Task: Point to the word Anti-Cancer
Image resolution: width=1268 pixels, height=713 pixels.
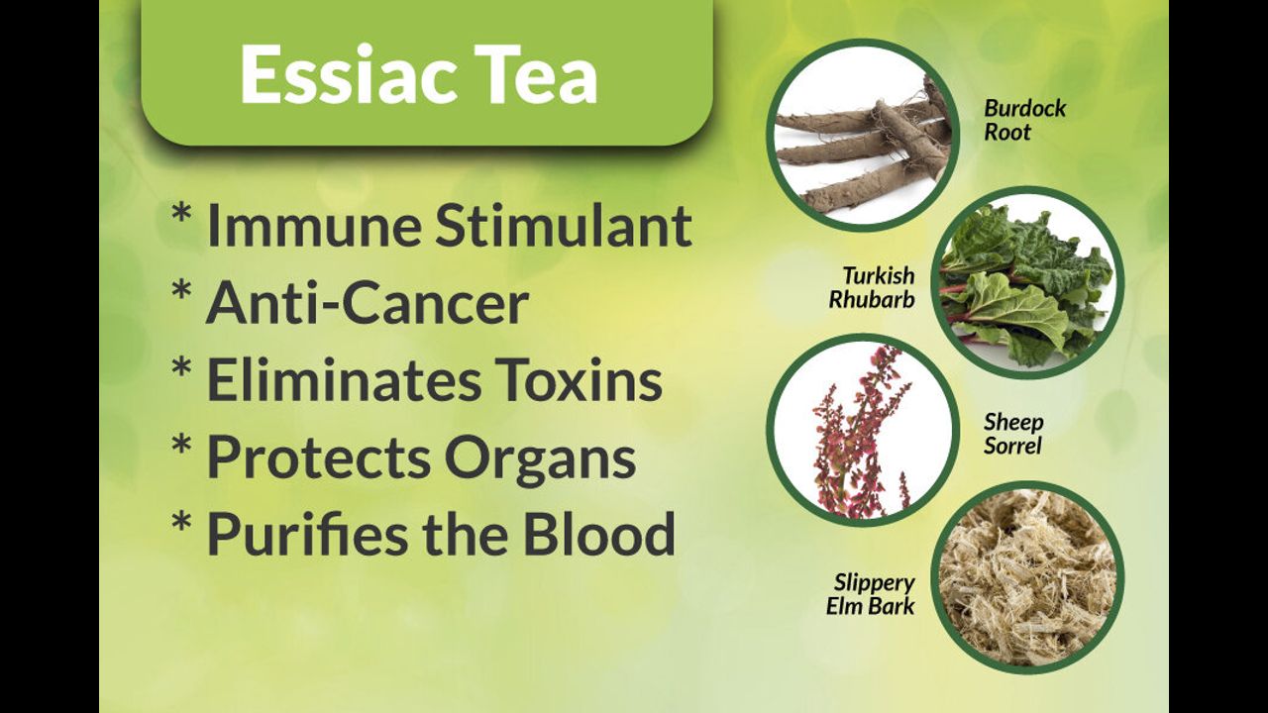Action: pos(368,303)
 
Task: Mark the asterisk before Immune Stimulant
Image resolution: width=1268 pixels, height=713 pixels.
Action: pos(181,215)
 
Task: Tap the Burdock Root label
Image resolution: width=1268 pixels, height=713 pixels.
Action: pos(1024,120)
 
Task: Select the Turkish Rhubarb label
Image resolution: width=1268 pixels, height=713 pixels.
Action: pos(872,287)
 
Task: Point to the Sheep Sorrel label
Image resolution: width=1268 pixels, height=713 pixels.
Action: pos(1013,434)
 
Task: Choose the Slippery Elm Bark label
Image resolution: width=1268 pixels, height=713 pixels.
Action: pos(871,595)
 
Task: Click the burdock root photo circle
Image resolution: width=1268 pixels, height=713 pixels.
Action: pos(863,135)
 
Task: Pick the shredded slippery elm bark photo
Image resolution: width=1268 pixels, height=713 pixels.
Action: pos(1027,577)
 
